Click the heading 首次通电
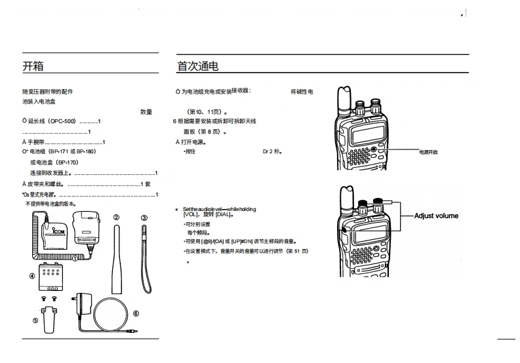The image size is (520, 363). point(197,66)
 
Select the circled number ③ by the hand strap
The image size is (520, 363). point(144,218)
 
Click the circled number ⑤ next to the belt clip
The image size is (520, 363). point(35,320)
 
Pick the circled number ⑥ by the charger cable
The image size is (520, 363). point(136,313)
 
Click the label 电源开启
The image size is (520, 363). point(429,151)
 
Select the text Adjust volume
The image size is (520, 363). point(436,216)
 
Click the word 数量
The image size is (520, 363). point(146,112)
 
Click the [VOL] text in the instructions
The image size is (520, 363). point(191,215)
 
